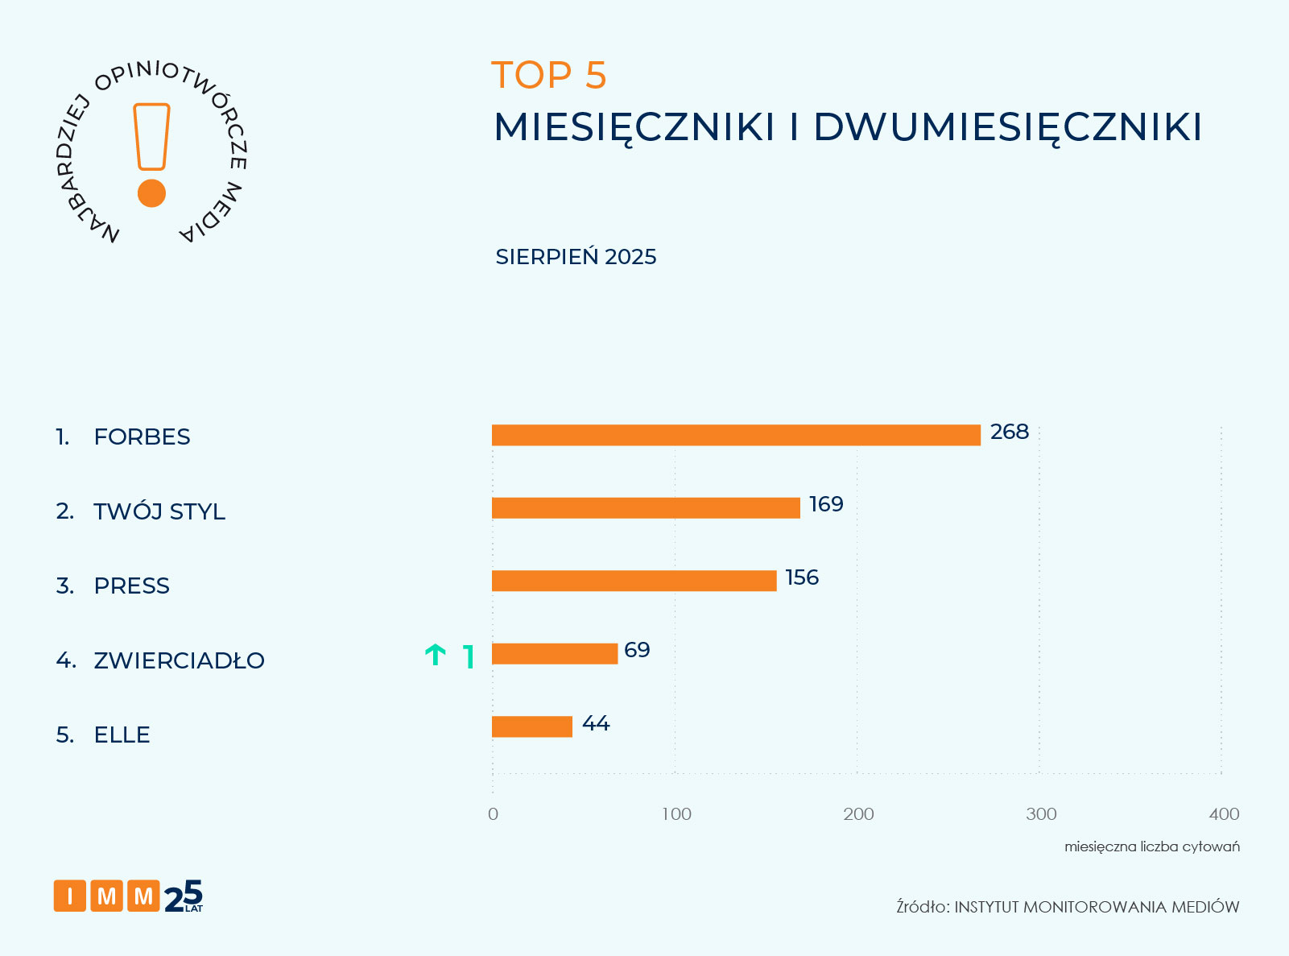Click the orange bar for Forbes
coord(736,435)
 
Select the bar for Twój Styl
coord(646,508)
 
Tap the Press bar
coord(634,581)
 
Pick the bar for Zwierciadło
coord(555,654)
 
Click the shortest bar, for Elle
coord(532,726)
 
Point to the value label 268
coord(1010,432)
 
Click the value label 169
coord(826,505)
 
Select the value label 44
coord(596,724)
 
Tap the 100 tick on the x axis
coord(676,814)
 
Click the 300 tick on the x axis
coord(1041,814)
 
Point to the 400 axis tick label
coord(1224,814)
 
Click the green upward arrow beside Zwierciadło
coord(436,656)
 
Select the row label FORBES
coord(142,437)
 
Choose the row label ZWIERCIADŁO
coord(179,661)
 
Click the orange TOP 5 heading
coord(548,76)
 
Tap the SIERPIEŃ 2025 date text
coord(576,257)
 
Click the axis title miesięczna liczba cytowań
coord(1151,847)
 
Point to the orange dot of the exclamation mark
coord(151,193)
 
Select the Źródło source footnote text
coord(1068,908)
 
